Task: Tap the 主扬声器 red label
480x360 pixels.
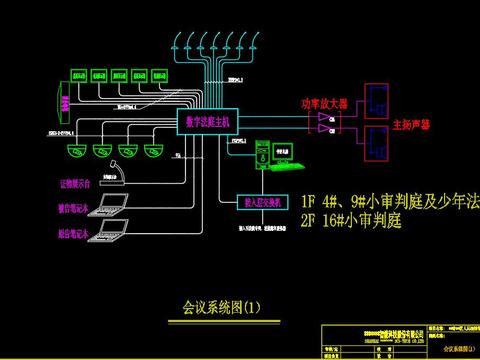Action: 410,126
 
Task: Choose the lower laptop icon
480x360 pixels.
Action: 111,233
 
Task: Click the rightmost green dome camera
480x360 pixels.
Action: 152,151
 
